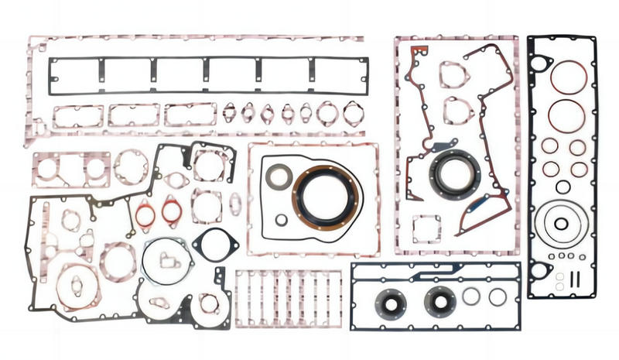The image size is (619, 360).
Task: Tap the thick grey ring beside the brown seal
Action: (278, 177)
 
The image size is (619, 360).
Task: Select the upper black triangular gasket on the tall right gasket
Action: (540, 65)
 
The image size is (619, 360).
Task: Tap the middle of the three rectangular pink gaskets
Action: (133, 115)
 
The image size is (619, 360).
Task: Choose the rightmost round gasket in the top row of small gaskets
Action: (353, 114)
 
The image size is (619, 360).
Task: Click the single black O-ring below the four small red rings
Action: (563, 187)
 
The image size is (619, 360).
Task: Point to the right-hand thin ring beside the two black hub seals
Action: (497, 296)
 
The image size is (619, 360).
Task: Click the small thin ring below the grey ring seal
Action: (281, 220)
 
